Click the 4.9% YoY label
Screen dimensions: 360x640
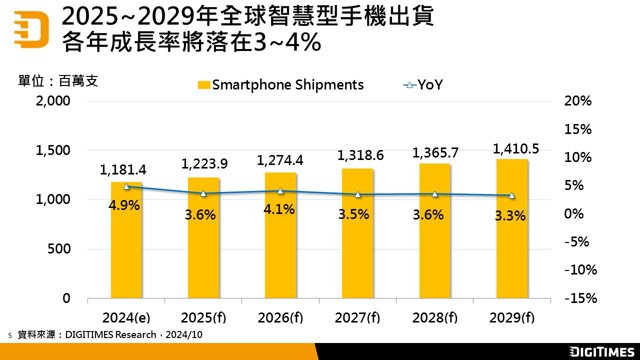click(124, 205)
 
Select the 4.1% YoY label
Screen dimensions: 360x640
click(279, 209)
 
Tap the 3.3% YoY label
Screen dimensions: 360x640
click(510, 216)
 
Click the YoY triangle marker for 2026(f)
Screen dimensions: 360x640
click(280, 191)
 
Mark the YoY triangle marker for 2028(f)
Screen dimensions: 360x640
click(434, 193)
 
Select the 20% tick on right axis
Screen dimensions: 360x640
click(578, 101)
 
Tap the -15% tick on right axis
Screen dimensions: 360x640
click(580, 298)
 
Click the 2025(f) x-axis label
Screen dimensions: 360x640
click(203, 318)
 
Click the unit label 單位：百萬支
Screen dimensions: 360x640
click(58, 81)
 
